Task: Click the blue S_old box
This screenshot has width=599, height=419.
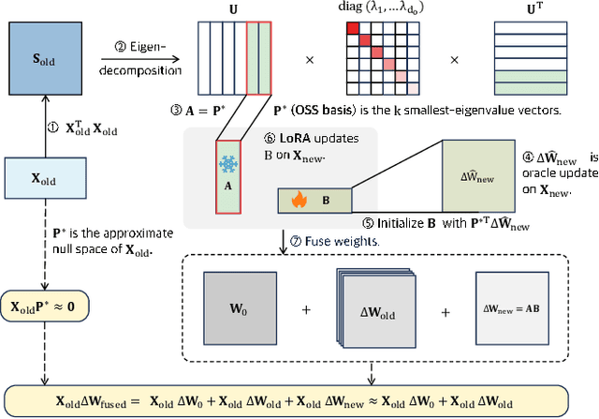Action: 44,61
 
